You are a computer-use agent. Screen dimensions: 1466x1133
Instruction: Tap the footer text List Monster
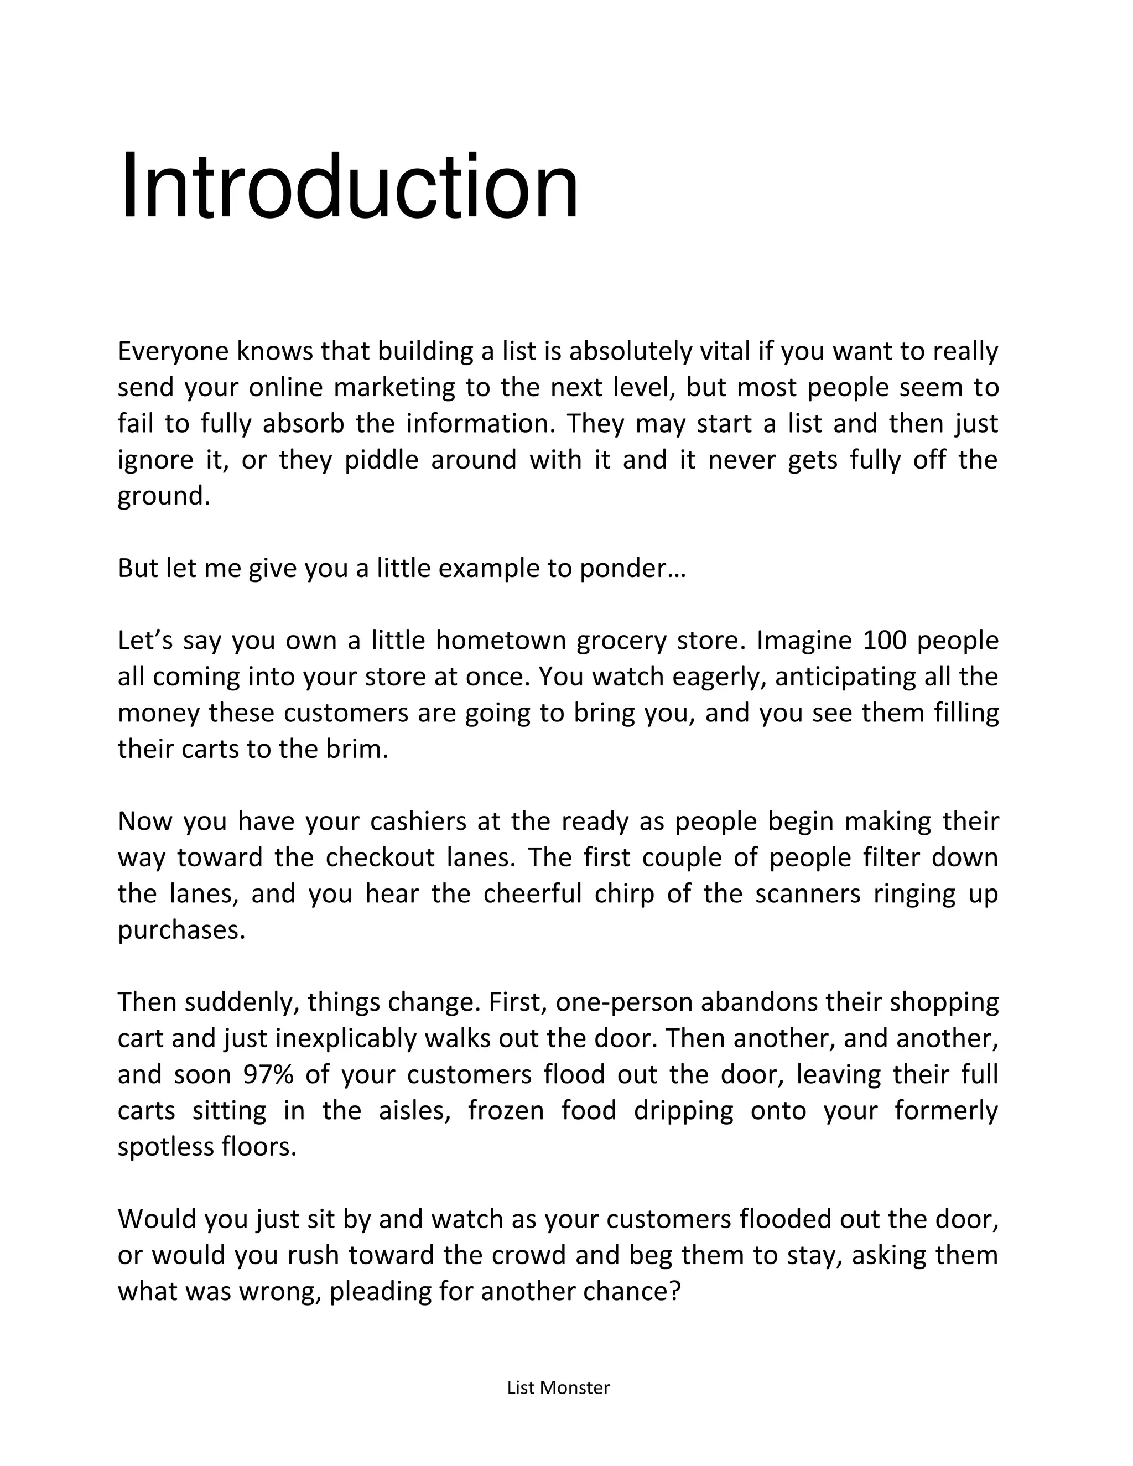[x=558, y=1387]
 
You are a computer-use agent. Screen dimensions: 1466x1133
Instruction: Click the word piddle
[x=381, y=460]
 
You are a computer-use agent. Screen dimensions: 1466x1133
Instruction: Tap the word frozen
[x=506, y=1111]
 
